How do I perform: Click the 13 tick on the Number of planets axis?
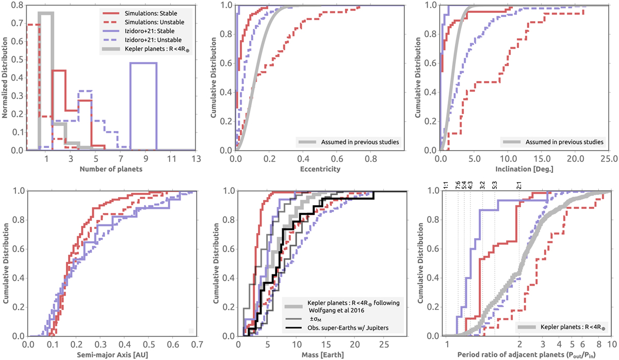tap(194, 158)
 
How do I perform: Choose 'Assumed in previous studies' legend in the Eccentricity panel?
tap(351, 140)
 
